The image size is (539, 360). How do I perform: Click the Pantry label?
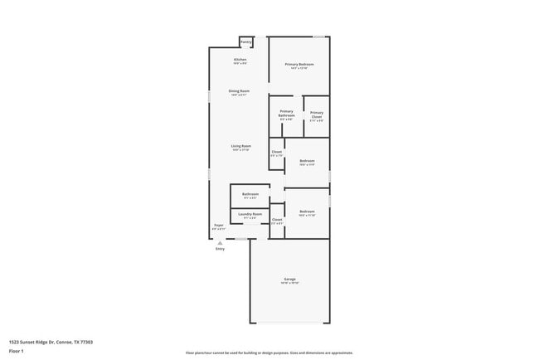246,41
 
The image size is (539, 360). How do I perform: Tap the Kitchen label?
240,61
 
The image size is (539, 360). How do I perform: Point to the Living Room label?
240,146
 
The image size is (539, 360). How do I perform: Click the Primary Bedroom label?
299,64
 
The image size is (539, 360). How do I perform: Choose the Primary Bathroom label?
287,114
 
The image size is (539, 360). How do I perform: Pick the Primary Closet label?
317,114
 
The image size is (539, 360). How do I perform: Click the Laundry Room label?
250,214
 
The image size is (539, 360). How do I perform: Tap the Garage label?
289,279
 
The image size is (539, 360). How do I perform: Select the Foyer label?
219,225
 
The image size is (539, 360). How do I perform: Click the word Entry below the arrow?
220,249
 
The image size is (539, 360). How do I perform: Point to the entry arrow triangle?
220,242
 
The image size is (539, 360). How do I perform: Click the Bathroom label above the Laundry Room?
250,194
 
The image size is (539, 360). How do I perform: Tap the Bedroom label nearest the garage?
307,212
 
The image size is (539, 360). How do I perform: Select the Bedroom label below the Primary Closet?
307,160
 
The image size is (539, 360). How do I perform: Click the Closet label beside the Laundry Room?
277,220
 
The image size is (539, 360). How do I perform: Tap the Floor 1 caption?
17,352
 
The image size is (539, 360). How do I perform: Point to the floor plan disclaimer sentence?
269,353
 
